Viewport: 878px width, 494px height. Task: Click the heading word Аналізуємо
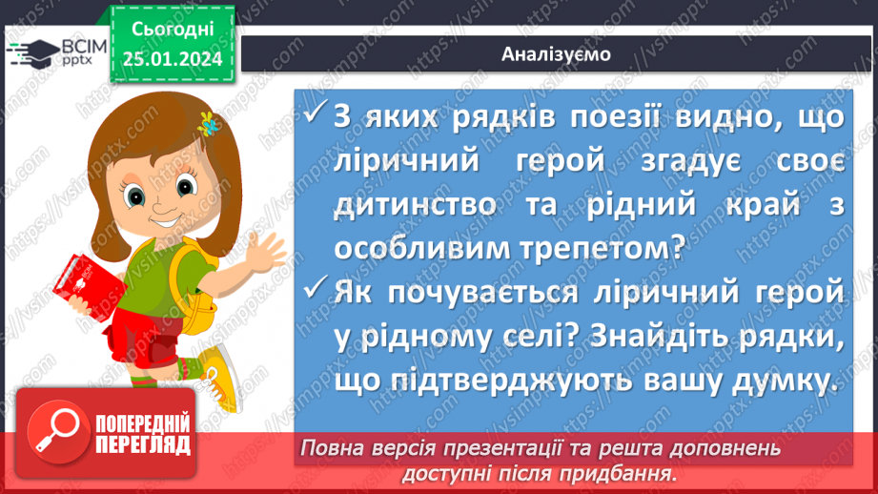tap(557, 54)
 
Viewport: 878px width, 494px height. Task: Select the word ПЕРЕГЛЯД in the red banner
tap(141, 445)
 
